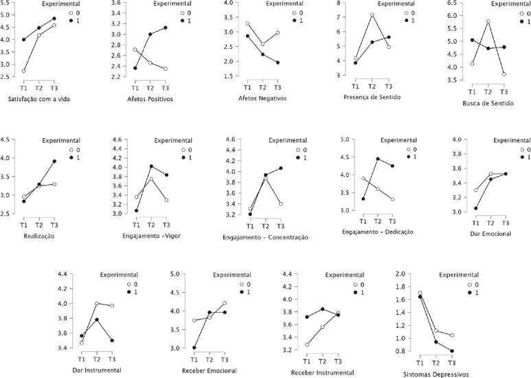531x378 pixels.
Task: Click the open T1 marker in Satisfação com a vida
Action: pyautogui.click(x=24, y=71)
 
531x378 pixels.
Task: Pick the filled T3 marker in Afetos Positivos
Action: pyautogui.click(x=165, y=27)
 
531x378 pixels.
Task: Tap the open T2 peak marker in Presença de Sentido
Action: pyautogui.click(x=372, y=14)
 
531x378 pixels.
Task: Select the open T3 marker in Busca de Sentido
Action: pyautogui.click(x=504, y=74)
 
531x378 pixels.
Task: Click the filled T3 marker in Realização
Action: pyautogui.click(x=54, y=162)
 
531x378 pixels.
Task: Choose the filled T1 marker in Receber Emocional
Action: pyautogui.click(x=194, y=347)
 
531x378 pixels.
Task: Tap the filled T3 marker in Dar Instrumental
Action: pyautogui.click(x=112, y=340)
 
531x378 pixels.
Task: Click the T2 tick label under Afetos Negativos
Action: pyautogui.click(x=262, y=87)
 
